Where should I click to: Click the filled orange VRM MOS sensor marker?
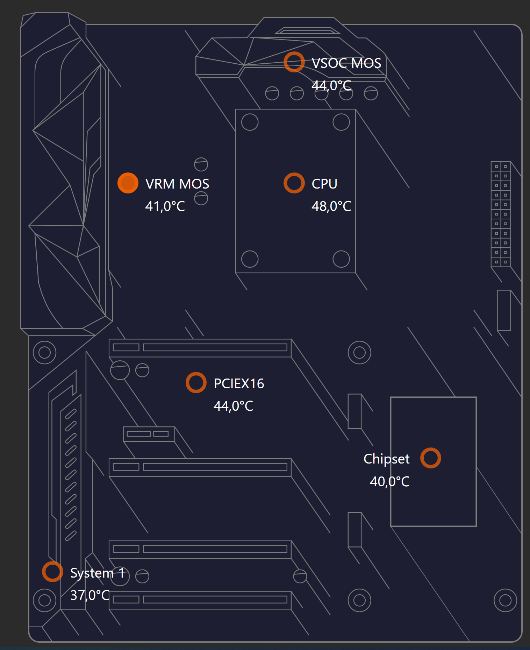pyautogui.click(x=128, y=183)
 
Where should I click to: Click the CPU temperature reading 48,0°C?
pyautogui.click(x=331, y=206)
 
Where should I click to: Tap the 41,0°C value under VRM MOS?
pyautogui.click(x=165, y=206)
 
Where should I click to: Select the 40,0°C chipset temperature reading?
pyautogui.click(x=390, y=482)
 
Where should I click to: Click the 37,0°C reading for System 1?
pyautogui.click(x=90, y=595)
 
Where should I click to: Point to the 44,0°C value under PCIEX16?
pyautogui.click(x=233, y=406)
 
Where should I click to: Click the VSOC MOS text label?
pyautogui.click(x=346, y=63)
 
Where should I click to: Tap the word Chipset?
pyautogui.click(x=386, y=459)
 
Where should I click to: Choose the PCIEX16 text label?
pyautogui.click(x=239, y=384)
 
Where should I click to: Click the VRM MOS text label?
pyautogui.click(x=177, y=184)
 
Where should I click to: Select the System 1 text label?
pyautogui.click(x=98, y=573)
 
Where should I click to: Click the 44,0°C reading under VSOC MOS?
pyautogui.click(x=331, y=86)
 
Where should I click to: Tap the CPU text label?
pyautogui.click(x=324, y=184)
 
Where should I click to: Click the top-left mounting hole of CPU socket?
pyautogui.click(x=250, y=114)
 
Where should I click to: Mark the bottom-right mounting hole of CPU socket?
pyautogui.click(x=341, y=251)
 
